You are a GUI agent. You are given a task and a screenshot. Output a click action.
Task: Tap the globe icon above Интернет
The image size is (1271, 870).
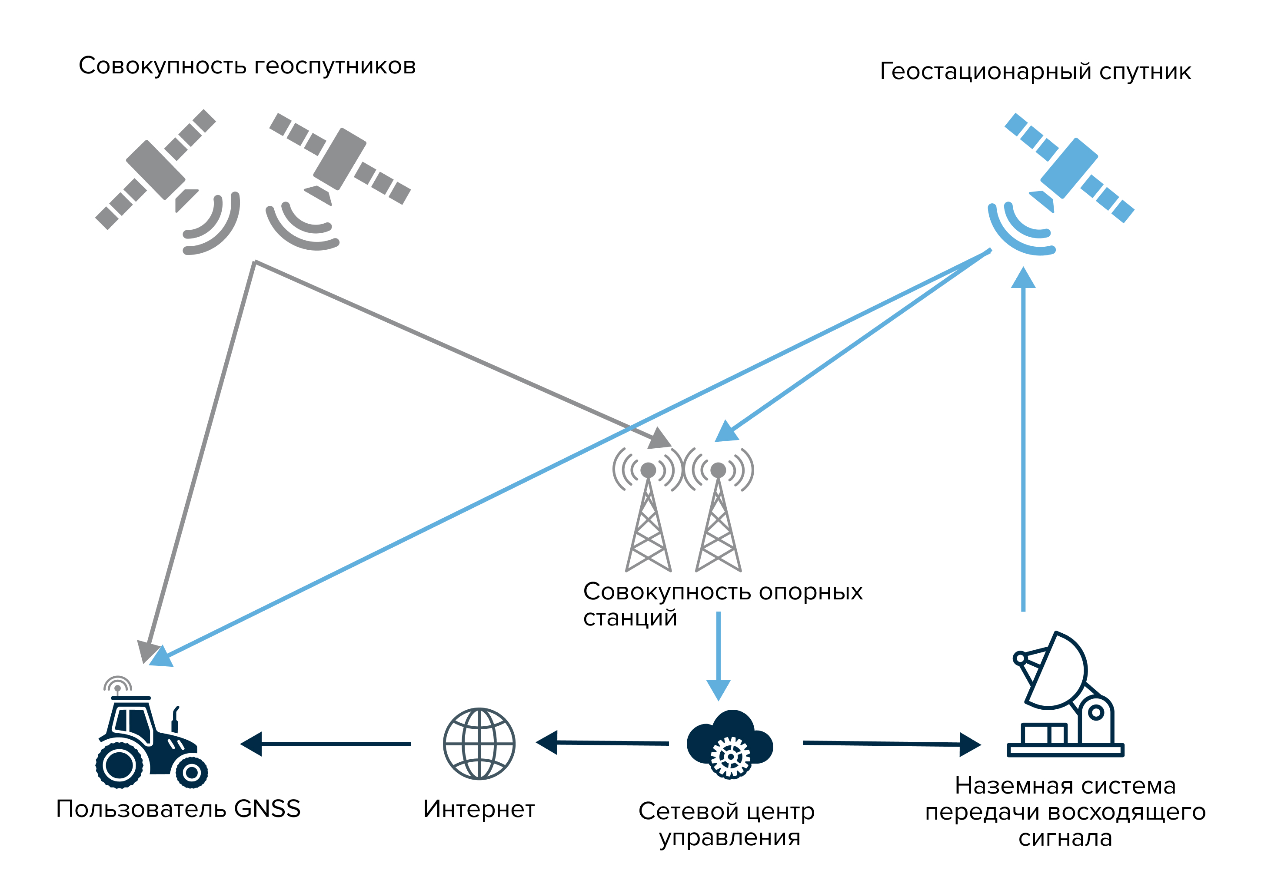pyautogui.click(x=479, y=743)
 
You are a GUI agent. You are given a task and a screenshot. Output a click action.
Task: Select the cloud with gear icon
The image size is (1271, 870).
pyautogui.click(x=729, y=743)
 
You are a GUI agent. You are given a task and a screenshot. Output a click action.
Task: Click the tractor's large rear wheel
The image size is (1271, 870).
pyautogui.click(x=119, y=764)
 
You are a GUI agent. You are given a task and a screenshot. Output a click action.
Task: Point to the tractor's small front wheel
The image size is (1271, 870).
pyautogui.click(x=191, y=772)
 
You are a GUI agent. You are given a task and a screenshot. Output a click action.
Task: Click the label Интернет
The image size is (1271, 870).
pyautogui.click(x=479, y=809)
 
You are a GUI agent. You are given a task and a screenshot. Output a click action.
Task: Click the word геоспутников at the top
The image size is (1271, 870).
pyautogui.click(x=335, y=66)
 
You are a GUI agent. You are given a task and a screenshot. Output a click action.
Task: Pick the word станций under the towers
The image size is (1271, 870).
pyautogui.click(x=630, y=618)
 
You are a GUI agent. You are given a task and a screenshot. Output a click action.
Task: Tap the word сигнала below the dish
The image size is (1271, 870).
pyautogui.click(x=1065, y=838)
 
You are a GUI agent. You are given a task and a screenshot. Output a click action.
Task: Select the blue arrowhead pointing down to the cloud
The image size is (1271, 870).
pyautogui.click(x=718, y=689)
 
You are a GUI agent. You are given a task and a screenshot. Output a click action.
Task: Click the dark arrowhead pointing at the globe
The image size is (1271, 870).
pyautogui.click(x=547, y=742)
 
